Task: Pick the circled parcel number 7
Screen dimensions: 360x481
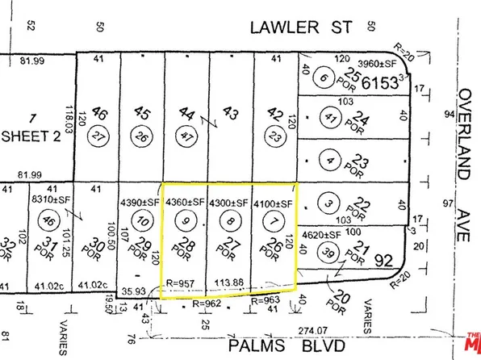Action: pyautogui.click(x=274, y=219)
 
